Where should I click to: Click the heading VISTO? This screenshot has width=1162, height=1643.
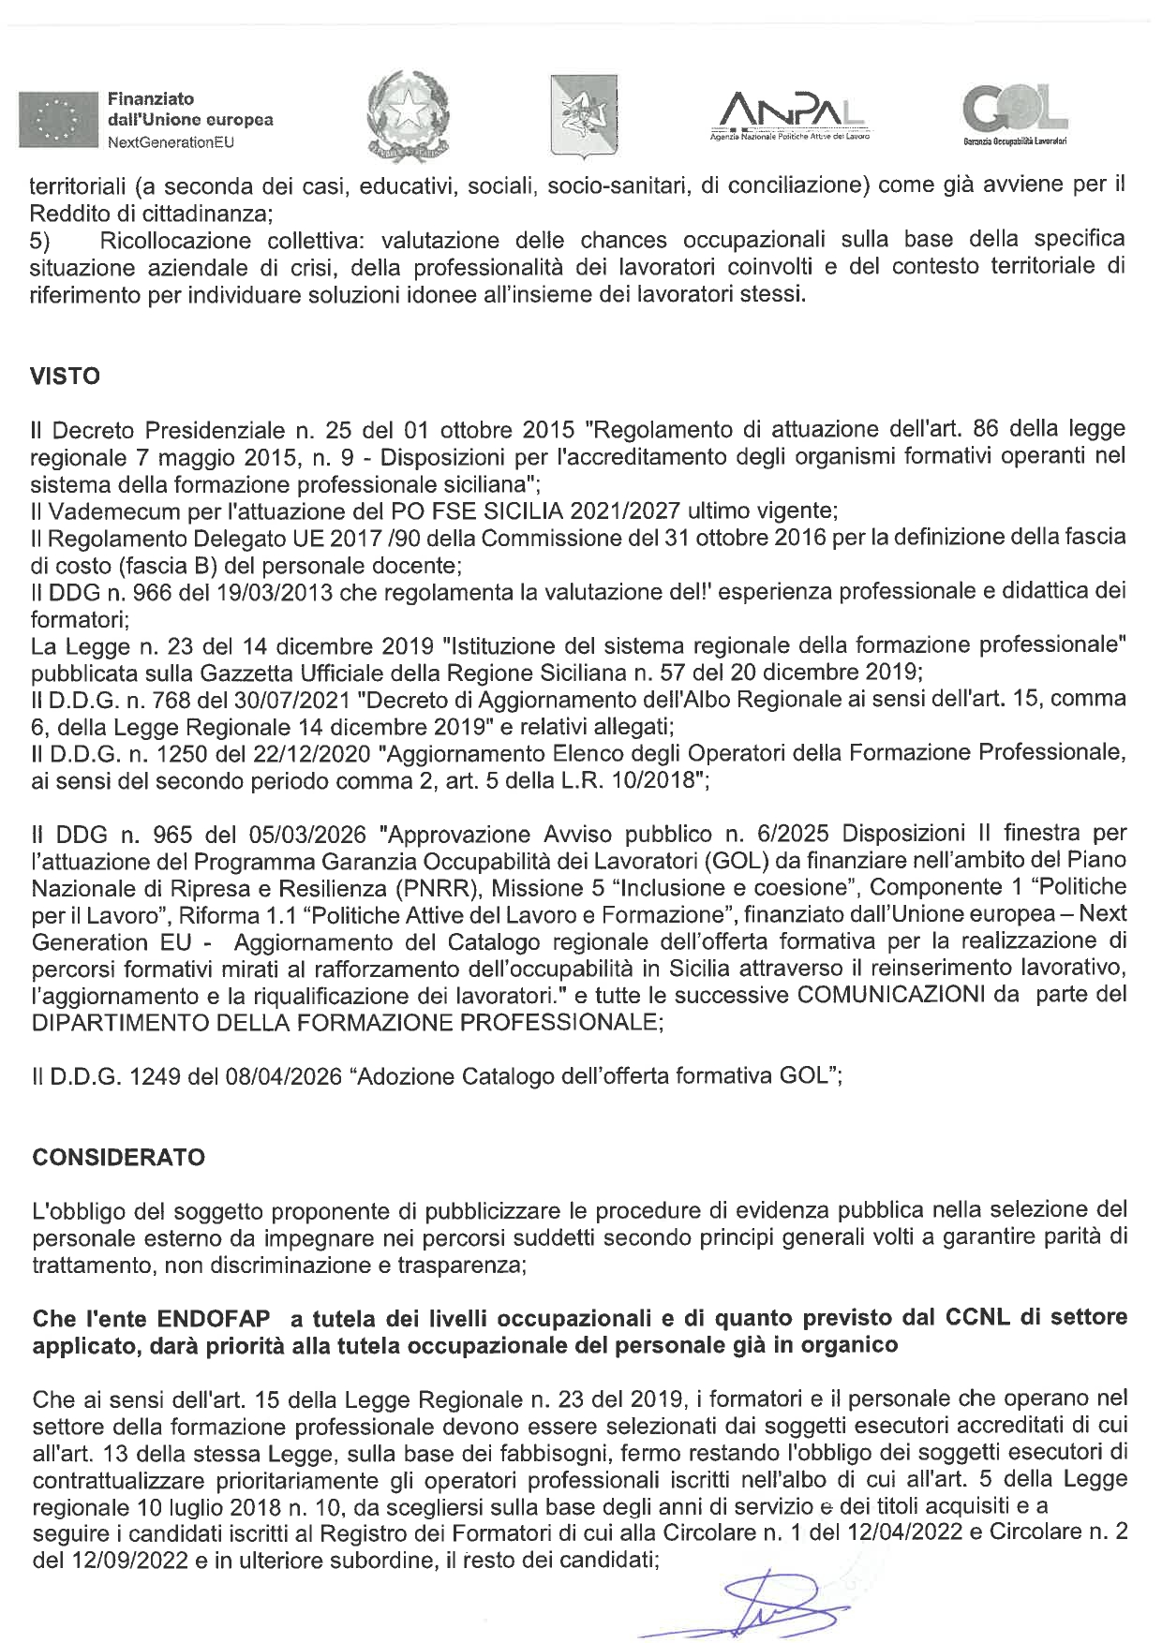coord(66,377)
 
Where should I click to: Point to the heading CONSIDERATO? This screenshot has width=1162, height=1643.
coord(118,1157)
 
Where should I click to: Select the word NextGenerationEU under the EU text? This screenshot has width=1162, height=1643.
coord(170,142)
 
